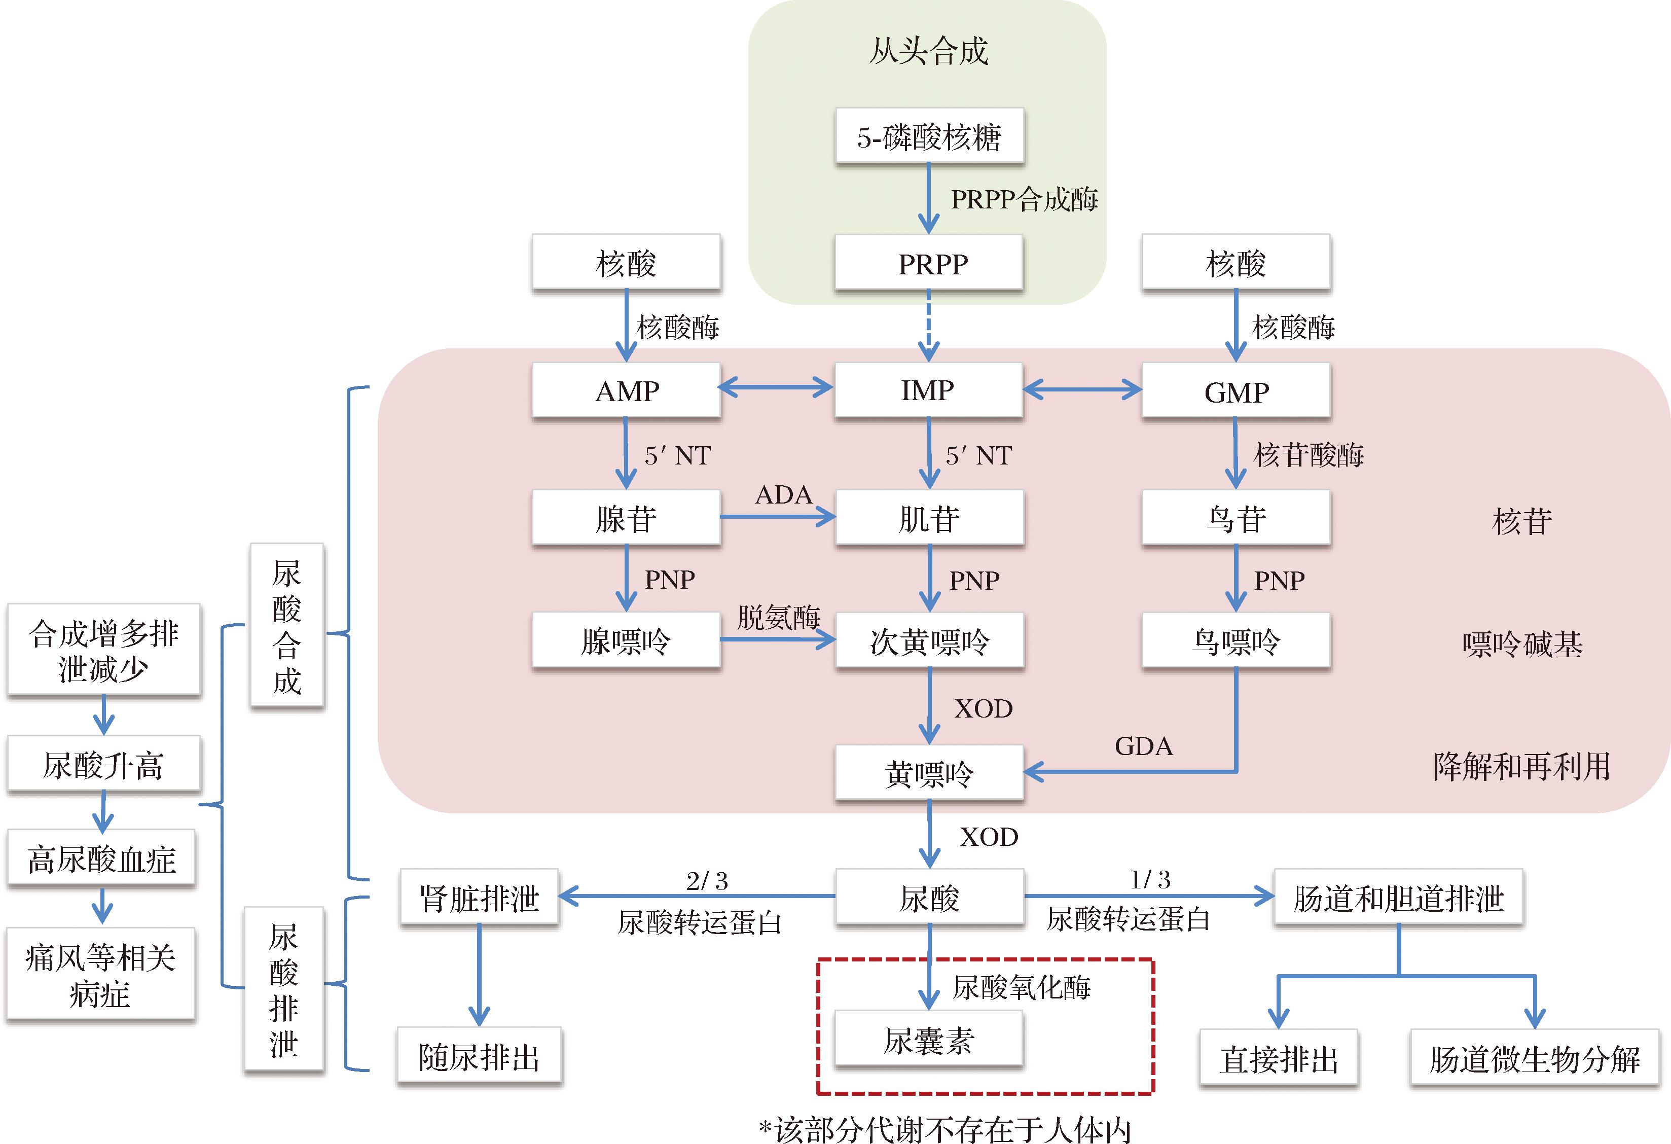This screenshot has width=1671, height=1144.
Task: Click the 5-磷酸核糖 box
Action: (929, 136)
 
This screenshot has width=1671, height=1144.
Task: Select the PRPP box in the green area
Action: (929, 263)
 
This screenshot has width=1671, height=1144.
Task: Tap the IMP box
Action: (928, 390)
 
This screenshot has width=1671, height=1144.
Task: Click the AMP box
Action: (626, 390)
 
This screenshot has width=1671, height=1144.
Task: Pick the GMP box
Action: (1236, 391)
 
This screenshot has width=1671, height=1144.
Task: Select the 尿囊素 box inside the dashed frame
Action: (928, 1040)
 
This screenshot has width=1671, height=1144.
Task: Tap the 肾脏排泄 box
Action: (479, 898)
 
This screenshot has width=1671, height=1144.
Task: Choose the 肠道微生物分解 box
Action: (1535, 1058)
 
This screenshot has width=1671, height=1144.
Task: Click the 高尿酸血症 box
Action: (101, 859)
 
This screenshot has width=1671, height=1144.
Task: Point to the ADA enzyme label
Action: (783, 495)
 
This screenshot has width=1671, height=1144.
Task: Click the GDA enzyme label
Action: (1143, 746)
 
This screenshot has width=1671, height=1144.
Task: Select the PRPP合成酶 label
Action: (1024, 199)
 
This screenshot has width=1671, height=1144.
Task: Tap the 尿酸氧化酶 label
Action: (1021, 987)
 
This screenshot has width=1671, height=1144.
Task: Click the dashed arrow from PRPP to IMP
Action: (929, 325)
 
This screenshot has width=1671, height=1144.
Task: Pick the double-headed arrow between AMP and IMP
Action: (776, 388)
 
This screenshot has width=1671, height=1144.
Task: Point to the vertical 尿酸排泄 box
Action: (284, 989)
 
